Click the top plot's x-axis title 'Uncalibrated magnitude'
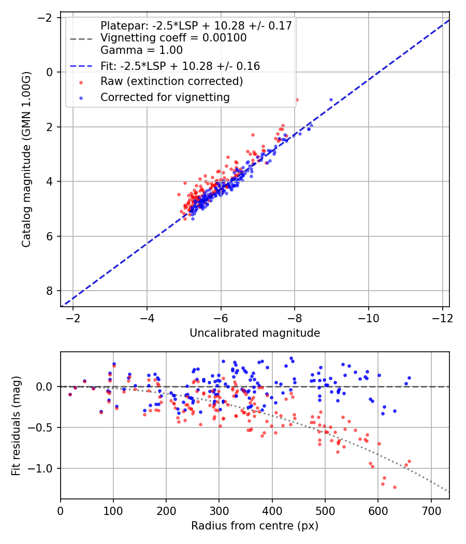pyautogui.click(x=254, y=333)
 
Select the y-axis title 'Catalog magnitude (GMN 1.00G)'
pyautogui.click(x=26, y=159)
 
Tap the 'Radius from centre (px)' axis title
pyautogui.click(x=254, y=526)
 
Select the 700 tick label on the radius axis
pyautogui.click(x=431, y=511)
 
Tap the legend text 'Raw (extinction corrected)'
pyautogui.click(x=171, y=81)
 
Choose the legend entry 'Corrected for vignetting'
pyautogui.click(x=165, y=97)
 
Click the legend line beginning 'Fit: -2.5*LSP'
pyautogui.click(x=180, y=66)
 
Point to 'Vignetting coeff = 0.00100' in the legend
pyautogui.click(x=173, y=38)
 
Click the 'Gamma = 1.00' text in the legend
pyautogui.click(x=141, y=50)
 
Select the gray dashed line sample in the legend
pyautogui.click(x=81, y=38)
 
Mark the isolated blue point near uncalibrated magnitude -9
pyautogui.click(x=331, y=99)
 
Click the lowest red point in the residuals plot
pyautogui.click(x=395, y=487)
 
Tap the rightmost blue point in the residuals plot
pyautogui.click(x=409, y=378)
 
